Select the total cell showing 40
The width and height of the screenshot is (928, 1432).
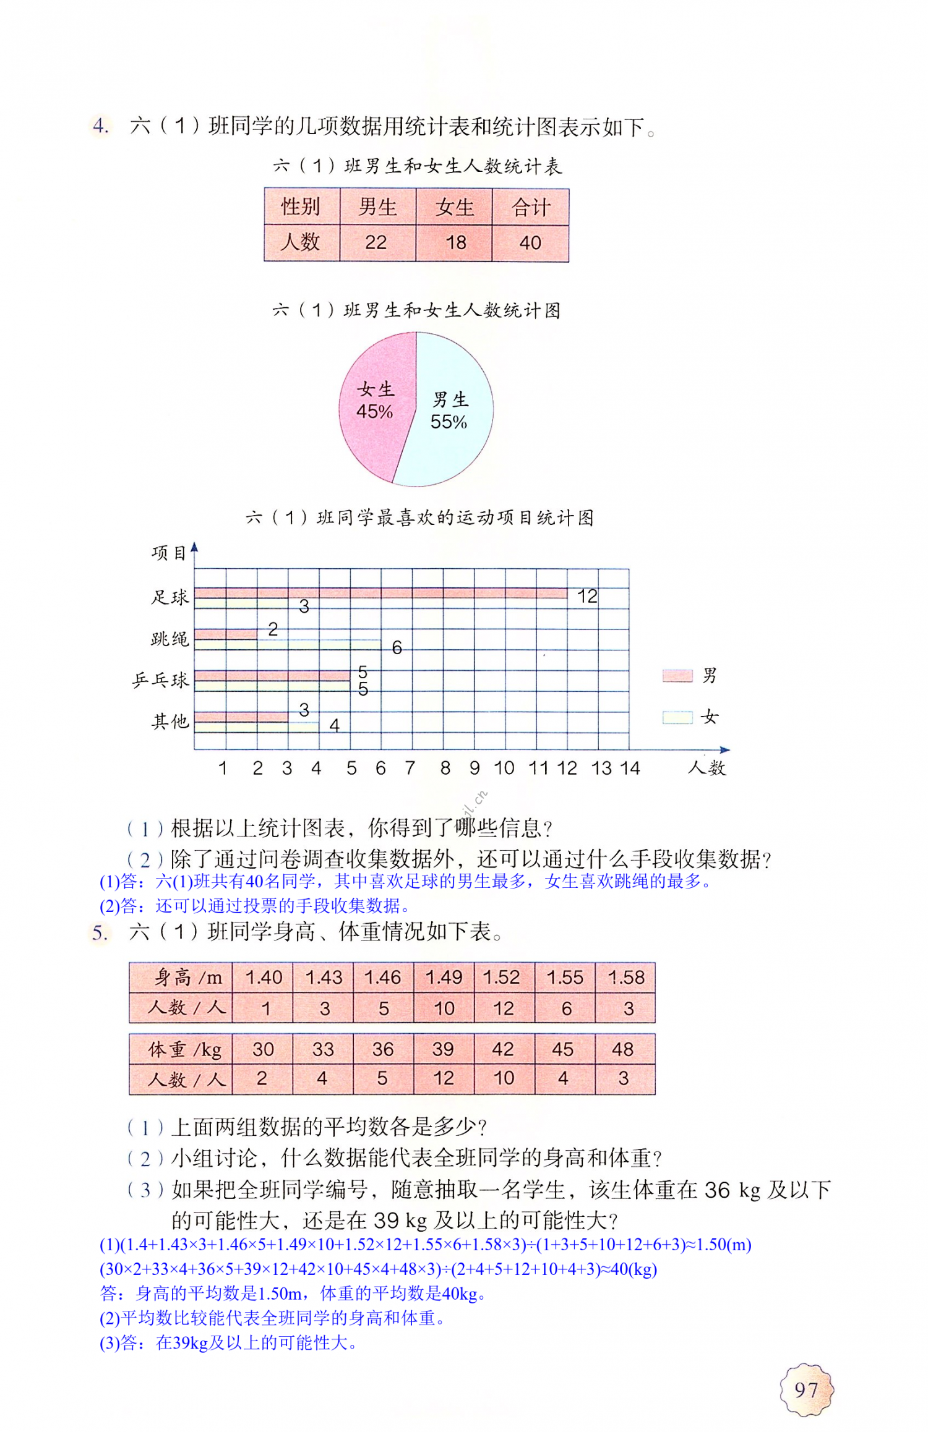coord(530,242)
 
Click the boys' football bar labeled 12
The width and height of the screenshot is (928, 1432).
coord(380,594)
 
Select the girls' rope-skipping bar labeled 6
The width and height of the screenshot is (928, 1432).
coord(288,644)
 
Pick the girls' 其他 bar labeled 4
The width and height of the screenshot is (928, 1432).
coord(257,727)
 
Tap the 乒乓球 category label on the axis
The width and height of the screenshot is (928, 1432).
coord(160,680)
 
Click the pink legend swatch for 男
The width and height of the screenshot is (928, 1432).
coord(677,675)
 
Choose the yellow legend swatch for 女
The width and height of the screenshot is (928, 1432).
coord(677,717)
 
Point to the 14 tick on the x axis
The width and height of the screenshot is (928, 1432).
coord(630,768)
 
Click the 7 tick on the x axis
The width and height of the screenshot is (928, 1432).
coord(410,768)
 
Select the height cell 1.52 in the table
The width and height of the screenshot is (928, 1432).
coord(501,978)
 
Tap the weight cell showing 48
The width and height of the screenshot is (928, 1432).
coord(622,1049)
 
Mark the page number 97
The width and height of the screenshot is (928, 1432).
coord(806,1390)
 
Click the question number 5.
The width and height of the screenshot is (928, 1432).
coord(100,932)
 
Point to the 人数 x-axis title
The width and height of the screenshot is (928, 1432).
coord(707,768)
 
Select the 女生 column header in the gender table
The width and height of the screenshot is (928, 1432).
coord(454,208)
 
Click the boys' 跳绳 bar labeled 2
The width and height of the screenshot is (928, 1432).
coord(226,634)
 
